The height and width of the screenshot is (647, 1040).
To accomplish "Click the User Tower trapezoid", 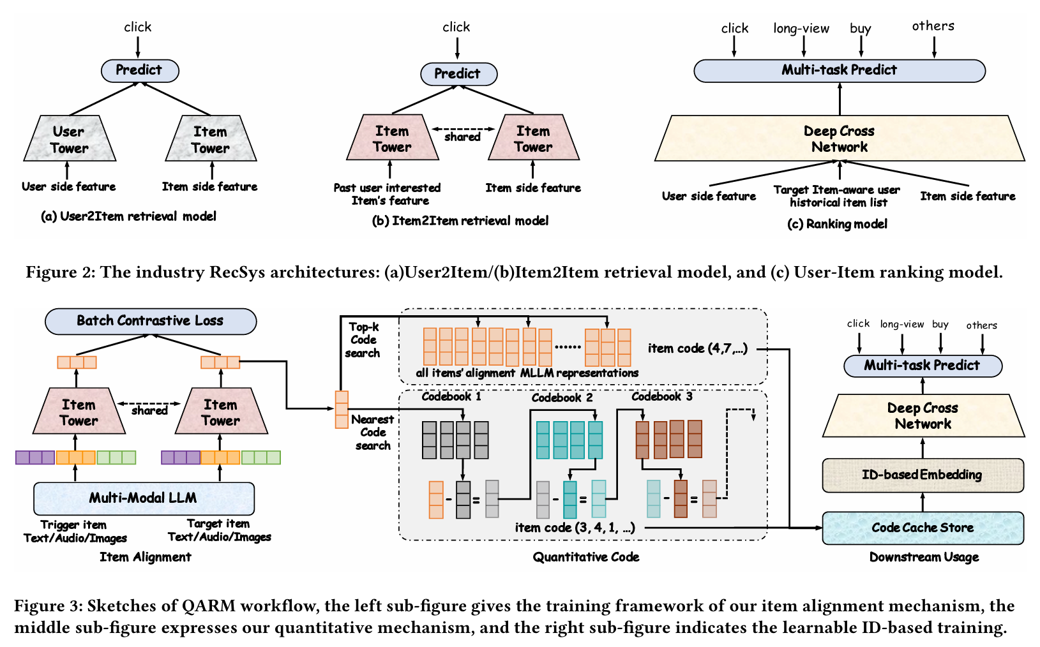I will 69,139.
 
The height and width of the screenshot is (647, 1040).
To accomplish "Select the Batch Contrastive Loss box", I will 151,321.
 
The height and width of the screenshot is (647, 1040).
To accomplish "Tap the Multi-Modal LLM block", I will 144,498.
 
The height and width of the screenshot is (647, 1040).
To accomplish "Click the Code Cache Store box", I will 923,528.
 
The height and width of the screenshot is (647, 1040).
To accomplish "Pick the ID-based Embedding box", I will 923,475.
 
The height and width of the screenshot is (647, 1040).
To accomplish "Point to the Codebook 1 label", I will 451,396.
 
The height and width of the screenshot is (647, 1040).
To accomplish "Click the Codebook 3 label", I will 662,396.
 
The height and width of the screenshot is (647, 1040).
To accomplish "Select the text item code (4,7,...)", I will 697,348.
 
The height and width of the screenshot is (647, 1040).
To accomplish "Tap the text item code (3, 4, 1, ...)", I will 575,528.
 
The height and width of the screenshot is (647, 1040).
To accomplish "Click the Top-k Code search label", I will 363,340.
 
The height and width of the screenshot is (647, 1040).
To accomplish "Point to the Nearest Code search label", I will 373,433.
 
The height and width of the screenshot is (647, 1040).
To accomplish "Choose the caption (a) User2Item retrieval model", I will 128,216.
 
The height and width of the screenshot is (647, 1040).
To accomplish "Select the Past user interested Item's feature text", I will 388,194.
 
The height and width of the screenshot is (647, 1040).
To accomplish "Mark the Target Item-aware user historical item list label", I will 837,196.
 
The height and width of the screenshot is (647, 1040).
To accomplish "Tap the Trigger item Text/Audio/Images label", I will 75,531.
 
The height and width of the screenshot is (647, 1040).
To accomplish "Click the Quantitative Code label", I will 586,557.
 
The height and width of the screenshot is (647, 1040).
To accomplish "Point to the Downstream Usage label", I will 924,557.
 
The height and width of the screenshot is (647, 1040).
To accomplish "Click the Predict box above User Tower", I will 140,70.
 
